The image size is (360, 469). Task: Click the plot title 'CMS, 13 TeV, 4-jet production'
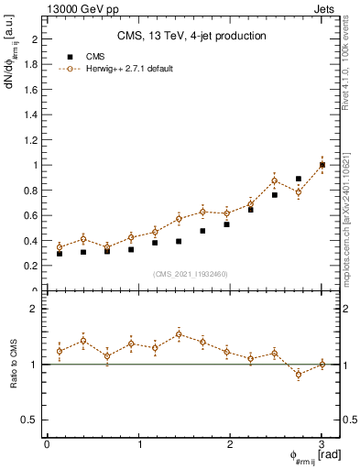tap(191, 37)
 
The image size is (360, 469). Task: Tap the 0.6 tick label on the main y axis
tap(34, 215)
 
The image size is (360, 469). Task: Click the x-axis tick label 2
tap(231, 444)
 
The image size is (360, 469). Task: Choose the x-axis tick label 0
tap(47, 444)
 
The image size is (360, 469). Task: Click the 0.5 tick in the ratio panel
tap(34, 420)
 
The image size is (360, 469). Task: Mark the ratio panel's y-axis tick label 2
tap(38, 310)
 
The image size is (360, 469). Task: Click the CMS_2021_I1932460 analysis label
tap(191, 273)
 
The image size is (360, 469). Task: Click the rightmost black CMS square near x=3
tap(322, 165)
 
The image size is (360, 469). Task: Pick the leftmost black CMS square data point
tap(60, 254)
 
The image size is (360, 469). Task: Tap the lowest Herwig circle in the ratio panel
tap(299, 374)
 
